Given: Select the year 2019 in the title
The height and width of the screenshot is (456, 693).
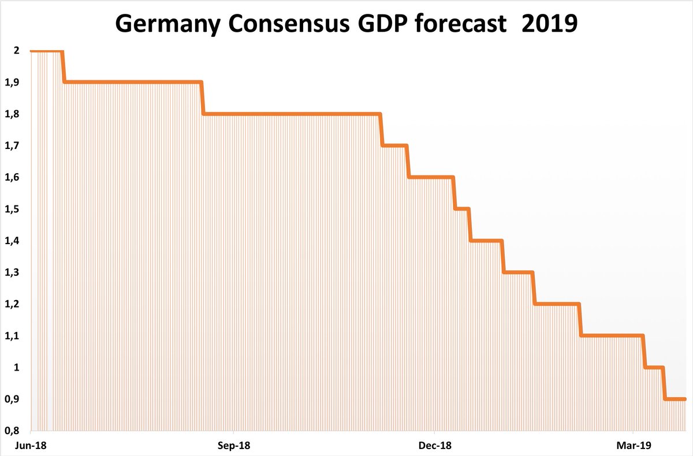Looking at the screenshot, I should [549, 25].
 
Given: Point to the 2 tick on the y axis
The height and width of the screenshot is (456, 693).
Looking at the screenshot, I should [17, 51].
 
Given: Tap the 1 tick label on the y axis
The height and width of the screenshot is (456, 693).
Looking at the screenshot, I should [17, 367].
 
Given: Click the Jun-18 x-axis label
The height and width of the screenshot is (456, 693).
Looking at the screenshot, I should [30, 446].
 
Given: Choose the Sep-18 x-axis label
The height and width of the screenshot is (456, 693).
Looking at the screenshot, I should [233, 446].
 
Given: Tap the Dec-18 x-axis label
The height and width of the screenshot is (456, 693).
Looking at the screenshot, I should [434, 446].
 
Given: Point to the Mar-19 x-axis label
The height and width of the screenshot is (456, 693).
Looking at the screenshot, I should [634, 446].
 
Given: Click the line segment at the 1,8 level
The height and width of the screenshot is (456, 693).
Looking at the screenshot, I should [292, 114].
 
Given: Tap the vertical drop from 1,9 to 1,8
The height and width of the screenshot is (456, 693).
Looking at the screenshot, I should [202, 98].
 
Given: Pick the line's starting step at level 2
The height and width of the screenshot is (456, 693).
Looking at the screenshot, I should [46, 51].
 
